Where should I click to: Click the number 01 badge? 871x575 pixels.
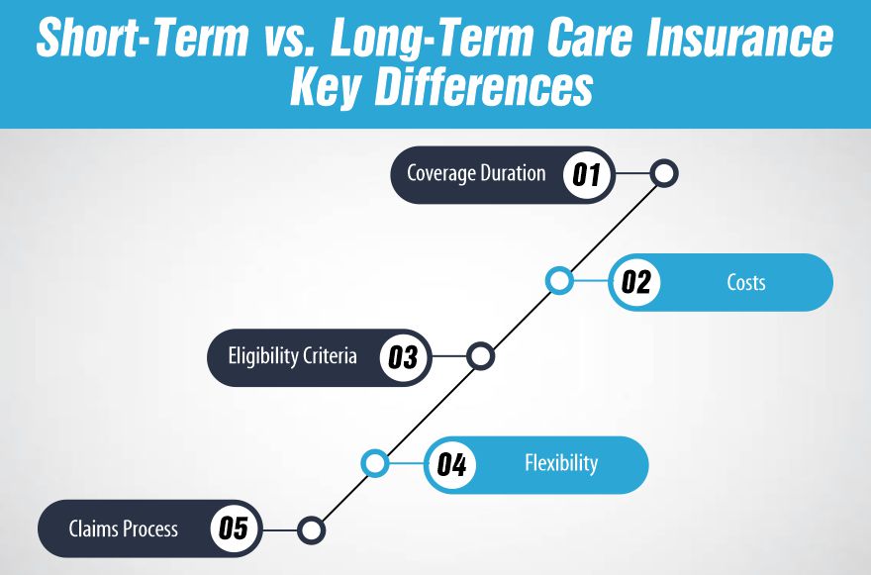click(x=587, y=175)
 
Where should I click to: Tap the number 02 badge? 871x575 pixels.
click(x=635, y=282)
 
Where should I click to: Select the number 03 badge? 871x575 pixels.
click(x=403, y=356)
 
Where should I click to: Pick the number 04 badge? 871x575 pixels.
click(x=451, y=464)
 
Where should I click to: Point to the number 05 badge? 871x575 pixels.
click(x=233, y=528)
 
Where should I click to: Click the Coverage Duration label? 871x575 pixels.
click(x=476, y=174)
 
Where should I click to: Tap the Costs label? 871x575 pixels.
click(x=745, y=282)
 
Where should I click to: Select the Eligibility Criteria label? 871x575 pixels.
click(x=292, y=356)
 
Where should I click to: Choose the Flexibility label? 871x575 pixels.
click(x=561, y=463)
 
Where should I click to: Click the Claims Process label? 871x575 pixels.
click(x=124, y=528)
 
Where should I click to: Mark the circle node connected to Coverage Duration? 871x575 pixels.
click(x=664, y=174)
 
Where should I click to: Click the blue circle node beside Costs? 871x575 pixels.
click(x=559, y=281)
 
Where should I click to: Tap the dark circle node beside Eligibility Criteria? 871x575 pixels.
click(x=480, y=356)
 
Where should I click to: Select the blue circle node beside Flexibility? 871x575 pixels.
click(x=374, y=463)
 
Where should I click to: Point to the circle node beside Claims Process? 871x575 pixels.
click(x=311, y=529)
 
